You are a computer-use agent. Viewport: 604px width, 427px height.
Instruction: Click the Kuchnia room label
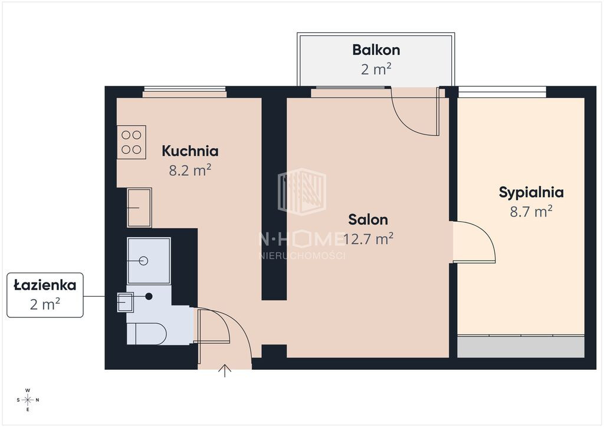tap(190, 150)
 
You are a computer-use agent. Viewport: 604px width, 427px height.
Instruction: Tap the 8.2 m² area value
tap(190, 170)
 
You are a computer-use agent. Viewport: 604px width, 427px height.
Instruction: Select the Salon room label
tap(368, 219)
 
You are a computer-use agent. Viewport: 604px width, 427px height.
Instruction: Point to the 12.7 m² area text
tap(368, 239)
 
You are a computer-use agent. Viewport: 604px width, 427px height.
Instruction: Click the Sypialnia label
tap(531, 192)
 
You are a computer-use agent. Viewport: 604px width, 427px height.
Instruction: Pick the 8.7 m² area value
tap(531, 211)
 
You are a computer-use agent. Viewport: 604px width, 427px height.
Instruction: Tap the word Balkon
tap(376, 50)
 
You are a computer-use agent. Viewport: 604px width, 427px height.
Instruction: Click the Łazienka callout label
tap(45, 285)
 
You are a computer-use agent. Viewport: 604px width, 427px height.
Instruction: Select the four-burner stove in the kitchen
tap(132, 142)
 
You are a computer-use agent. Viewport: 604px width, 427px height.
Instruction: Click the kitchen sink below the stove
tap(139, 208)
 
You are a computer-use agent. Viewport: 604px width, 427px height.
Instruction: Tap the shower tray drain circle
tap(144, 261)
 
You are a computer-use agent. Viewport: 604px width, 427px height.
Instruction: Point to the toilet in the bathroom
tap(146, 333)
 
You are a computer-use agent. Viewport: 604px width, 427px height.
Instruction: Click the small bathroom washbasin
tap(125, 302)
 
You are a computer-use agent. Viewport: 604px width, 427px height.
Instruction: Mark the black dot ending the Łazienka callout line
tap(149, 296)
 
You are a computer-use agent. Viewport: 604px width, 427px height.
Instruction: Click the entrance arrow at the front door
tap(225, 371)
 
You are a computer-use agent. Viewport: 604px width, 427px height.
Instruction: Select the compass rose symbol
tap(28, 400)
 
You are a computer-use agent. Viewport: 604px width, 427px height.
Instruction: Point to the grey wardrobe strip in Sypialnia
tap(521, 347)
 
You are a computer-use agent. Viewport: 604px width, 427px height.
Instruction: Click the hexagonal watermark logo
tap(302, 191)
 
